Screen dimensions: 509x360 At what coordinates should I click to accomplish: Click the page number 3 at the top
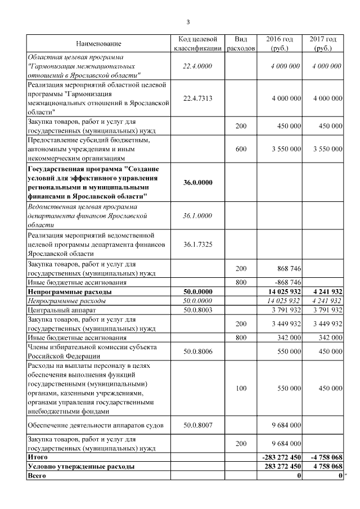pyautogui.click(x=188, y=22)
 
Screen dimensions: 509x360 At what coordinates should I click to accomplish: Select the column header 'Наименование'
pyautogui.click(x=98, y=44)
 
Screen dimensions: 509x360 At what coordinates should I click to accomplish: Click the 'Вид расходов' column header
pyautogui.click(x=241, y=44)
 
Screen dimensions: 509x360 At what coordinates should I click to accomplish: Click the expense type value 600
pyautogui.click(x=241, y=150)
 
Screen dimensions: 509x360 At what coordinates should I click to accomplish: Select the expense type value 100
pyautogui.click(x=241, y=388)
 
